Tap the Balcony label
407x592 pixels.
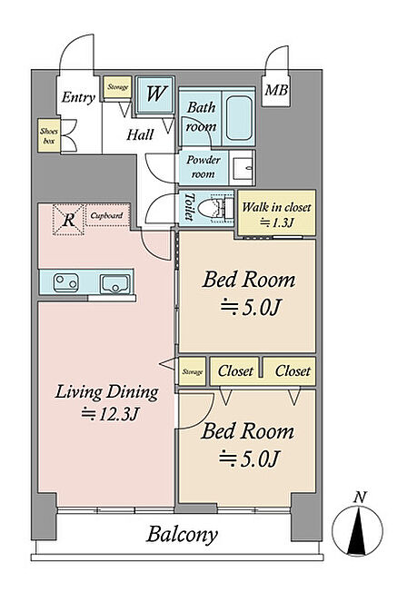[x=182, y=535]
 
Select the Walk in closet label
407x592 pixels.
[x=276, y=207]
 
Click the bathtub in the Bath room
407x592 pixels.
[x=239, y=117]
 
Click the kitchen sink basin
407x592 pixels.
[x=115, y=284]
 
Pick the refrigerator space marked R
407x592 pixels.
[x=68, y=220]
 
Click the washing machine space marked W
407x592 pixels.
[x=155, y=94]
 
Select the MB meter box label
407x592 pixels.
[x=276, y=90]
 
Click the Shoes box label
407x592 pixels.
[x=49, y=136]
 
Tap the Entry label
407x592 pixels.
[x=78, y=97]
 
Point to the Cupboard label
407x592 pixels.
[x=106, y=215]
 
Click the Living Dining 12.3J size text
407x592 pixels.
[x=110, y=414]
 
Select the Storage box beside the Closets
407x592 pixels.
[x=193, y=371]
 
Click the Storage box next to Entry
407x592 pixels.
[x=117, y=87]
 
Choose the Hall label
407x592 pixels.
[x=140, y=134]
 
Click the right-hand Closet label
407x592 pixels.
[x=293, y=370]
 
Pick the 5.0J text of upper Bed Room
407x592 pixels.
[x=250, y=307]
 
